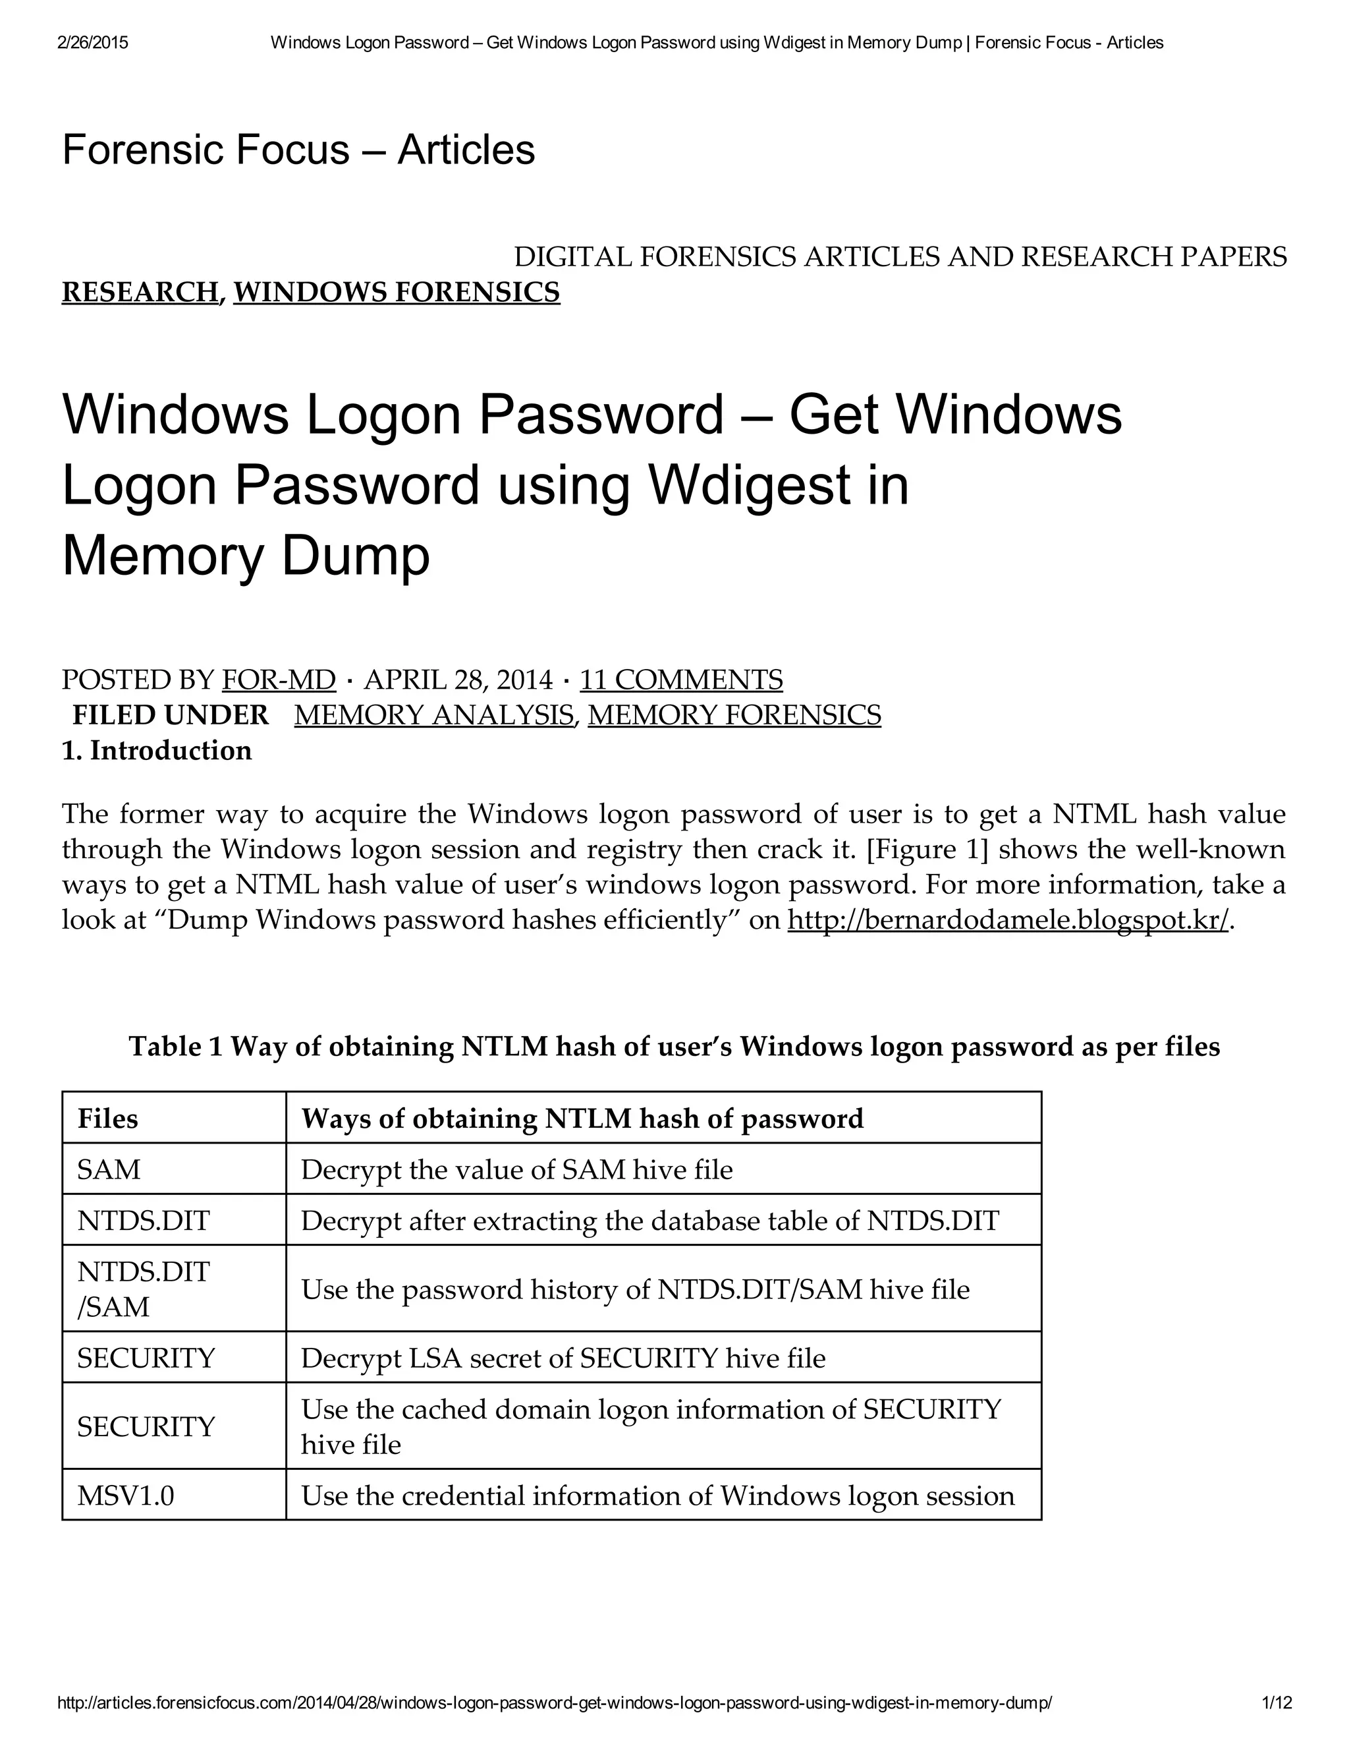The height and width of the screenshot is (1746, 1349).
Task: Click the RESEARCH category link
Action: [140, 293]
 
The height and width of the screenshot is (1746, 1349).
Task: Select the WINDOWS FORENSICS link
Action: [397, 293]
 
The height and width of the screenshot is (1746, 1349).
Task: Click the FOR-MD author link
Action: [278, 680]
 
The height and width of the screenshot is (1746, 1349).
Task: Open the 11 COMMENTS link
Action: [681, 680]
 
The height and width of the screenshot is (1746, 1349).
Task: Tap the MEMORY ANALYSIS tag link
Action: [433, 714]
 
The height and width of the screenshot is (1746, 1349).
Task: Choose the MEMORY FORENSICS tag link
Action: [734, 714]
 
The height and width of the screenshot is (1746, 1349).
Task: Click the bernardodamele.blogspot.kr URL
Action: [1008, 920]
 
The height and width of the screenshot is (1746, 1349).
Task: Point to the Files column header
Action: [108, 1119]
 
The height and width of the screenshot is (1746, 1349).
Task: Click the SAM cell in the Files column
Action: [109, 1169]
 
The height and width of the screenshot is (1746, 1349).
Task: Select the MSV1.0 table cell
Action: [125, 1496]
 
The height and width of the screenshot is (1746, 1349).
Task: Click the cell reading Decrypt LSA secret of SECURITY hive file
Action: [563, 1358]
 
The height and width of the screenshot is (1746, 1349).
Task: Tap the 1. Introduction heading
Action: [157, 751]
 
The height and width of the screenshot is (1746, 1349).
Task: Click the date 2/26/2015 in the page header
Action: [93, 42]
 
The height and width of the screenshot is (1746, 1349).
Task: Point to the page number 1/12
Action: [1277, 1703]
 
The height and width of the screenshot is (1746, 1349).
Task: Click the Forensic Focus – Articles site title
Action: [298, 150]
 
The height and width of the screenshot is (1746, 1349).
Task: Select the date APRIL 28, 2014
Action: [458, 680]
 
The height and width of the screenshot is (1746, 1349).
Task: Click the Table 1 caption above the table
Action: [674, 1047]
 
